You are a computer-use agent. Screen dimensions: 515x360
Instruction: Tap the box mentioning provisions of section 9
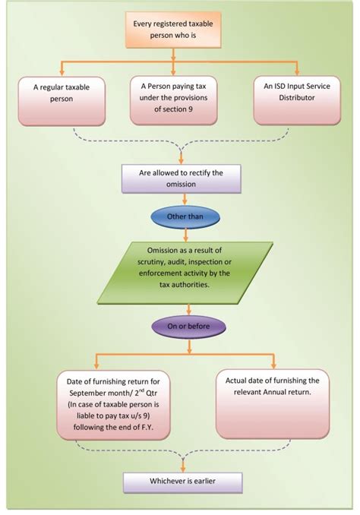click(174, 100)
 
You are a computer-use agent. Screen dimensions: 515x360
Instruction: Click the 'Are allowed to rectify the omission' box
click(182, 179)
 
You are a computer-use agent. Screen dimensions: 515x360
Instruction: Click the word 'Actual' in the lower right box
click(237, 381)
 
